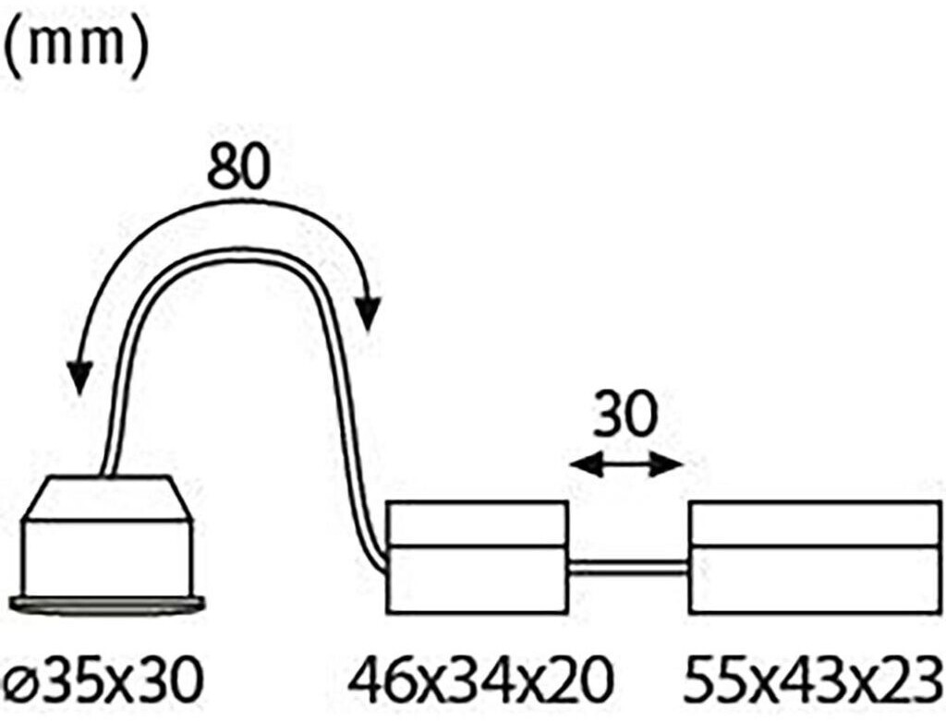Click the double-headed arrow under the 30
(x=625, y=465)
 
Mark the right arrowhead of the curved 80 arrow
(x=369, y=314)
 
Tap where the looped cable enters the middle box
(x=384, y=565)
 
